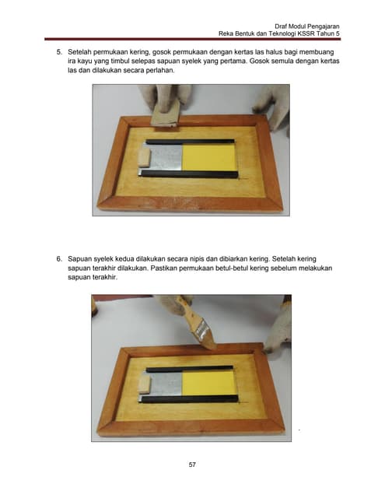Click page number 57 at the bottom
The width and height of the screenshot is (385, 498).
192,465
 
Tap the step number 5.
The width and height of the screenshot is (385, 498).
59,52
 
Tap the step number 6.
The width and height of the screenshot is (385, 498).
59,259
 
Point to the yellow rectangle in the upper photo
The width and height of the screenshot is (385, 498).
209,157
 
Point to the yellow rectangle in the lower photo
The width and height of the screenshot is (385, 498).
209,384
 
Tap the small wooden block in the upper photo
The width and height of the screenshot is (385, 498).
144,158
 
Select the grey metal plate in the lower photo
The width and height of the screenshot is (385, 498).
165,384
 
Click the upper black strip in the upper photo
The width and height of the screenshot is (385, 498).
190,142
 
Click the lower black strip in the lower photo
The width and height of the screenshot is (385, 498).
190,399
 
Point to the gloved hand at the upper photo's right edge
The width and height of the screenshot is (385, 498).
272,108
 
